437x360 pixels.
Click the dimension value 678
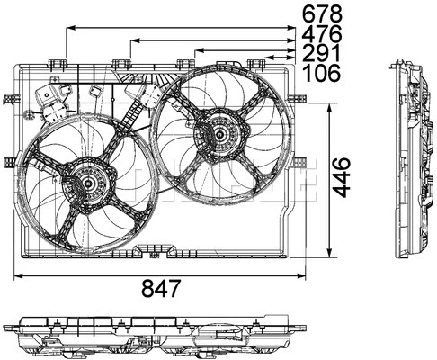pyautogui.click(x=321, y=13)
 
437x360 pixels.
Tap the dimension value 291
pyautogui.click(x=321, y=54)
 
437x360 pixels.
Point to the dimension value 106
pyautogui.click(x=321, y=74)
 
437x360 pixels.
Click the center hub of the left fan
pyautogui.click(x=88, y=184)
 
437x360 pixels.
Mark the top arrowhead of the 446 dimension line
pyautogui.click(x=334, y=102)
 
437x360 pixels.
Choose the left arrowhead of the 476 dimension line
pyautogui.click(x=133, y=40)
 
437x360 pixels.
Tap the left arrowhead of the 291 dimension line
pyautogui.click(x=197, y=51)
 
